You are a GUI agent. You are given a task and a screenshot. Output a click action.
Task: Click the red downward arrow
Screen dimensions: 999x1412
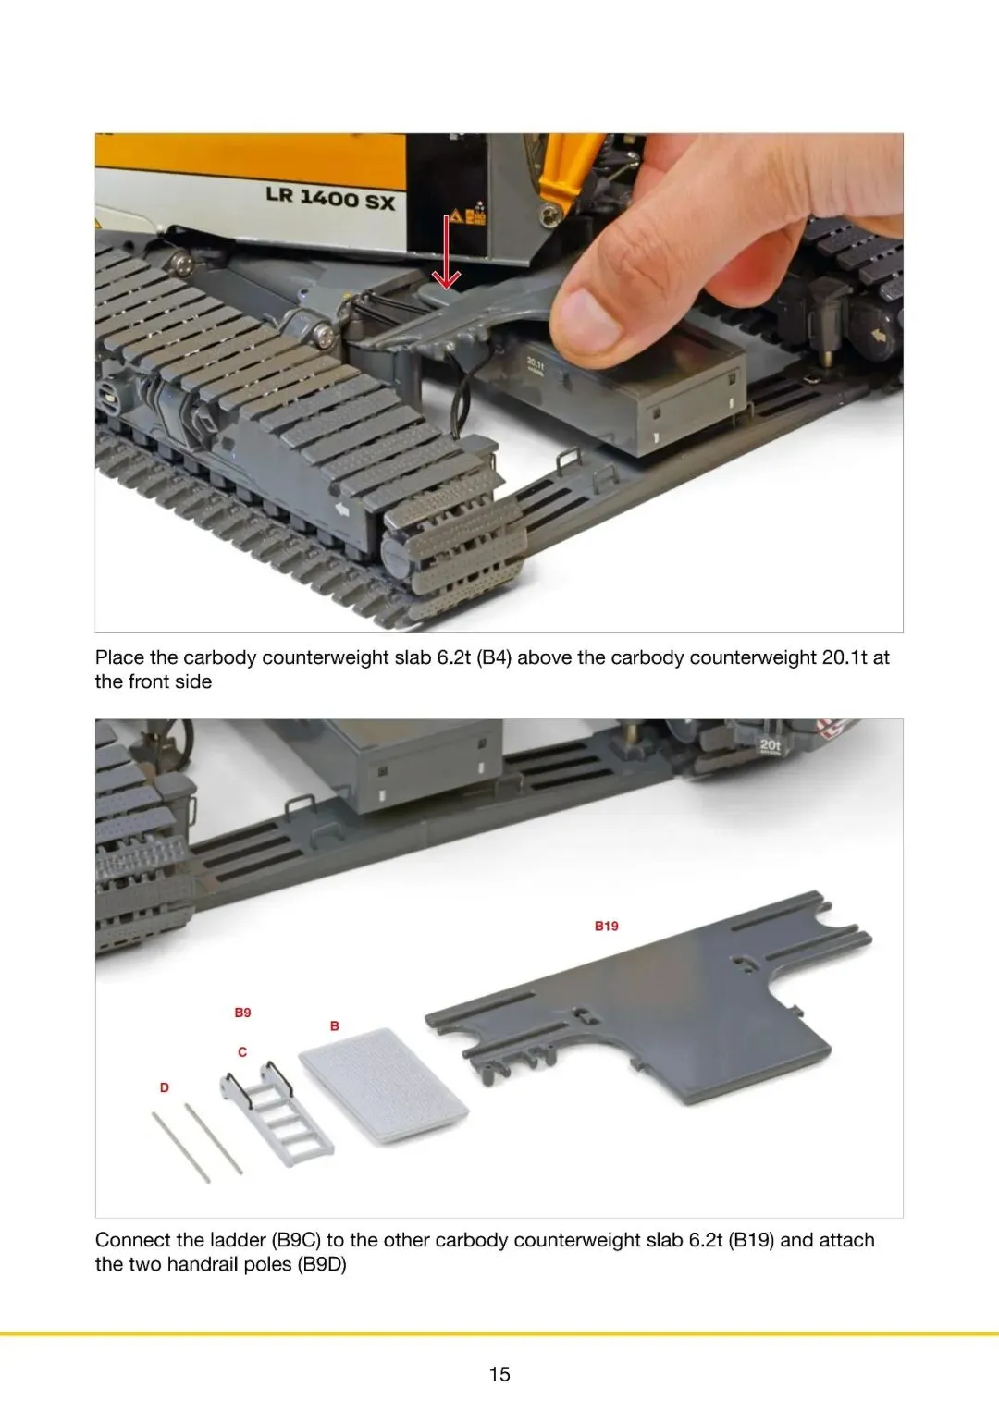(446, 252)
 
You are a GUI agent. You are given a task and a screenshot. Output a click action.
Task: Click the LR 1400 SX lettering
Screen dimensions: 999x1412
(330, 198)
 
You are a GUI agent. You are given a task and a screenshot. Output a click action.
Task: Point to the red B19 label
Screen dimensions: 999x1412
(606, 926)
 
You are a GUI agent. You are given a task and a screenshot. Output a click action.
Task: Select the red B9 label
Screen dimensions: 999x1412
(242, 1013)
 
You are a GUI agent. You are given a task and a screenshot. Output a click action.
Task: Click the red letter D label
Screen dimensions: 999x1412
(165, 1087)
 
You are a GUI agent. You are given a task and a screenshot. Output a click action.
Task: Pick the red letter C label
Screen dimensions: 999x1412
(242, 1052)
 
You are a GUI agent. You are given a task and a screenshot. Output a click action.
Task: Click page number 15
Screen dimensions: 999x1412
(499, 1374)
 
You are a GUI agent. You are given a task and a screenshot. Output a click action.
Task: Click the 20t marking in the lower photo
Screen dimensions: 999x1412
(770, 745)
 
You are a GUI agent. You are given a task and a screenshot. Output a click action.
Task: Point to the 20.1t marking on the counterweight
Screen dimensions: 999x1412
(535, 364)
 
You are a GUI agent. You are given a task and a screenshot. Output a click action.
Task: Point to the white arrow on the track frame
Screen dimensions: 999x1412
(342, 510)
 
